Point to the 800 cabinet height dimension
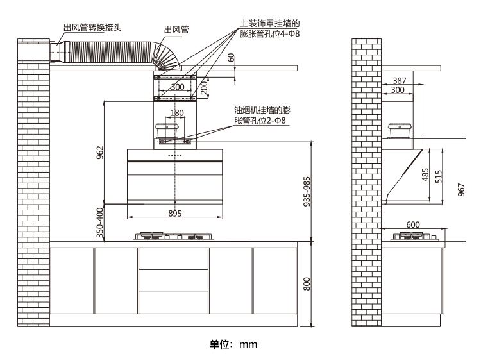click(x=307, y=283)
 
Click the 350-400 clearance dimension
click(x=99, y=223)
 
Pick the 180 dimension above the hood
click(x=177, y=113)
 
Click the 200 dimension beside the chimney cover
click(x=204, y=88)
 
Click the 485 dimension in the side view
click(x=426, y=175)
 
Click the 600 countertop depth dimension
click(x=413, y=224)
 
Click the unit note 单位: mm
click(x=233, y=344)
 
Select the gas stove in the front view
click(x=173, y=237)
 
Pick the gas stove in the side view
click(x=416, y=237)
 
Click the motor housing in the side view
click(x=399, y=131)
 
